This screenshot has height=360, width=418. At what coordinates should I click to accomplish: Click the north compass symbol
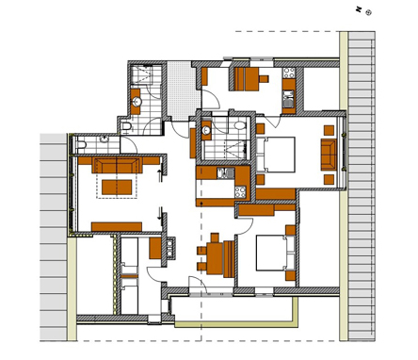(x=369, y=12)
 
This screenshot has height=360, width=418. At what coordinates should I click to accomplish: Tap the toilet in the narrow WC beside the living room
(x=82, y=145)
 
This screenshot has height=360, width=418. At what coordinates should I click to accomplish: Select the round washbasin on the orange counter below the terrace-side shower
(x=137, y=102)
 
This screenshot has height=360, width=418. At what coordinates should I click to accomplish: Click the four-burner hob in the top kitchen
(x=289, y=73)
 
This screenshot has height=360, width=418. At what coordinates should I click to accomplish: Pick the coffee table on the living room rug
(x=117, y=188)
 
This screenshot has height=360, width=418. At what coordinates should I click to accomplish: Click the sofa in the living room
(x=117, y=166)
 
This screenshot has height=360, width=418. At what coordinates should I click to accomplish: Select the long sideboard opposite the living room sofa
(x=117, y=226)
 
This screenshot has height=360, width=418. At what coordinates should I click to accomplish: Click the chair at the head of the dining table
(x=215, y=237)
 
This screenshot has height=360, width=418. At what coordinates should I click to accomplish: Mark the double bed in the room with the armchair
(x=276, y=155)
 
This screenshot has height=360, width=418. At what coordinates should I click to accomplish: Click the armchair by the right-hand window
(x=329, y=155)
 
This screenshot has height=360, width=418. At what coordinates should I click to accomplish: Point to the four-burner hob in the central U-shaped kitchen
(x=240, y=192)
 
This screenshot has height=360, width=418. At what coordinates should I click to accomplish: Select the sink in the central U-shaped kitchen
(x=226, y=173)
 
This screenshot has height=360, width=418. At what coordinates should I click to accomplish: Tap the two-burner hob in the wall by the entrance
(x=169, y=248)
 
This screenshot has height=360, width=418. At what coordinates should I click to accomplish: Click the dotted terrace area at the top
(x=184, y=90)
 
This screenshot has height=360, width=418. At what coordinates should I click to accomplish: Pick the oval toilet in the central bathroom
(x=240, y=125)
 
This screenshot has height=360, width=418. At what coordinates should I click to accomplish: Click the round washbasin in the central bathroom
(x=206, y=130)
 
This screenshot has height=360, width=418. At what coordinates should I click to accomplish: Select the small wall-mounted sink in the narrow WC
(x=104, y=139)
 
